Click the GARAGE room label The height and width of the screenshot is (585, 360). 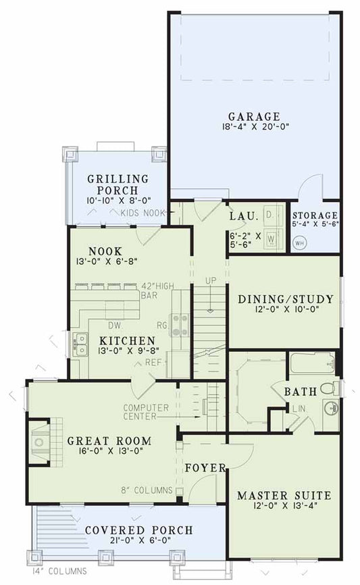click(x=254, y=116)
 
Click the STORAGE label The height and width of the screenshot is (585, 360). click(x=314, y=215)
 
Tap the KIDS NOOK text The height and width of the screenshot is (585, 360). click(x=143, y=213)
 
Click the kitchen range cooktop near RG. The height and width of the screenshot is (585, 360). click(x=180, y=325)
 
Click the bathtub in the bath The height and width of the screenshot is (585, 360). click(x=311, y=365)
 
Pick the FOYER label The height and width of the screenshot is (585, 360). click(x=205, y=467)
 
